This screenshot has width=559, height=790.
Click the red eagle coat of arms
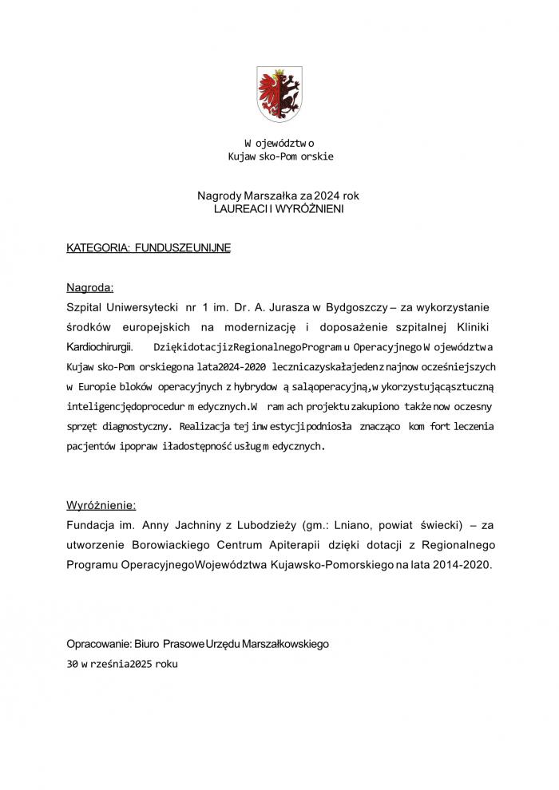[x=279, y=94]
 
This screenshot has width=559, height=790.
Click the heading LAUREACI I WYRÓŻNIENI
[x=279, y=207]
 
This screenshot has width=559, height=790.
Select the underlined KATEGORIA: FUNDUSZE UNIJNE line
[x=149, y=248]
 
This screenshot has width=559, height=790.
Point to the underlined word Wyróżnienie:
[x=101, y=505]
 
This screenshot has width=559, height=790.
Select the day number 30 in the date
[x=73, y=663]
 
